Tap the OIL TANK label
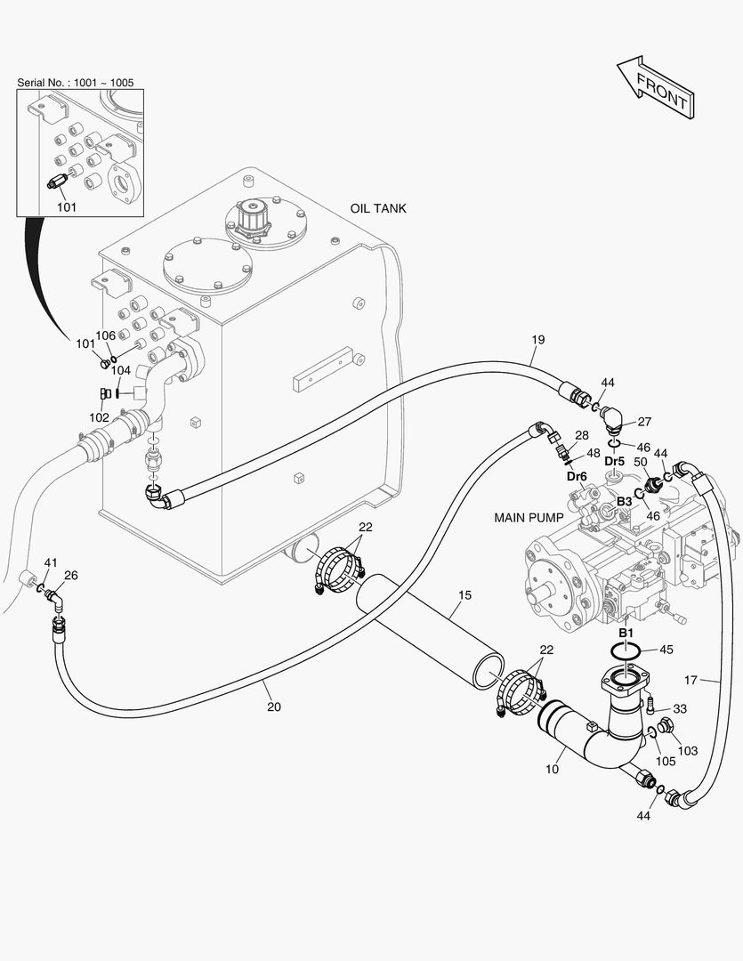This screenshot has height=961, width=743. pyautogui.click(x=378, y=208)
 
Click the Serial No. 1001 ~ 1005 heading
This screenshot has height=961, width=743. pyautogui.click(x=76, y=83)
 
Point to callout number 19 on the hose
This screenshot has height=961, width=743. pyautogui.click(x=537, y=340)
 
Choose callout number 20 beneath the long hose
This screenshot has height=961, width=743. pyautogui.click(x=274, y=707)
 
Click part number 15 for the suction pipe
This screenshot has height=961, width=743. pyautogui.click(x=464, y=594)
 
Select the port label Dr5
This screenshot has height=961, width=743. pyautogui.click(x=615, y=462)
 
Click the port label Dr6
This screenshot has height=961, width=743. pyautogui.click(x=577, y=476)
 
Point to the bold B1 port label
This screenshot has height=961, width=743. pyautogui.click(x=626, y=632)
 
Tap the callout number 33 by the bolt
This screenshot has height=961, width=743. pyautogui.click(x=679, y=708)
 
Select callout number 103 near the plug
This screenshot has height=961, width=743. pyautogui.click(x=688, y=751)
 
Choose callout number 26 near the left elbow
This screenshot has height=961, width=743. pyautogui.click(x=70, y=575)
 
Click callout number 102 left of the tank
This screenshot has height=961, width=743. pyautogui.click(x=99, y=417)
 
